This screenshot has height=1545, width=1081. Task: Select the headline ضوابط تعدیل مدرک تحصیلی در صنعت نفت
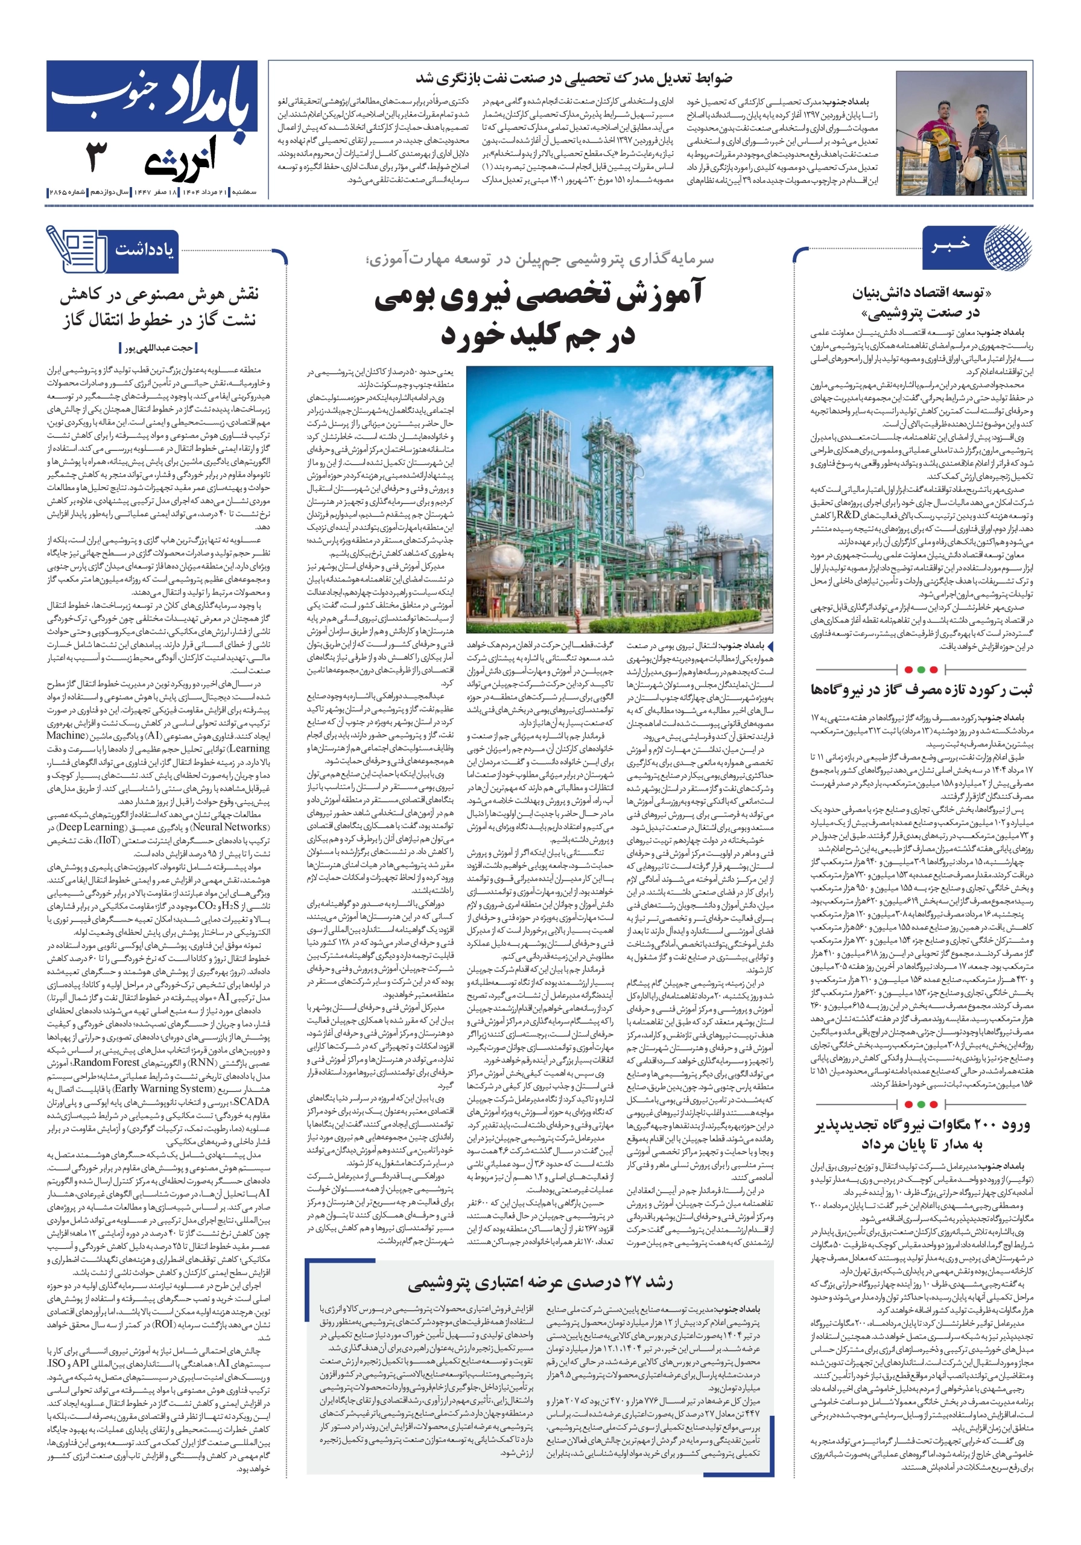(x=574, y=78)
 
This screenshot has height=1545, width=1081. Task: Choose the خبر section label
(x=950, y=244)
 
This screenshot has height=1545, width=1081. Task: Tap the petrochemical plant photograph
(x=619, y=499)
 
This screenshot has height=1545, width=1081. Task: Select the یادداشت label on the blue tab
(x=144, y=250)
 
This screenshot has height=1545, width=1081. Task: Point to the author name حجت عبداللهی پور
(x=159, y=348)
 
